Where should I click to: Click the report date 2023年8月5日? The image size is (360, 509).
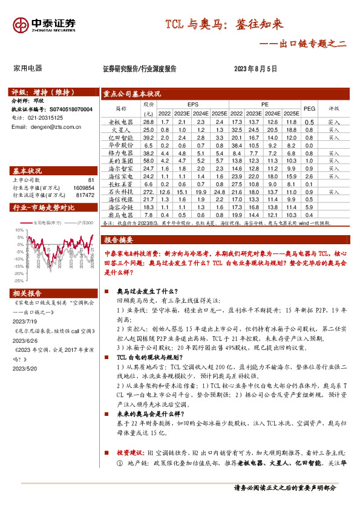255,69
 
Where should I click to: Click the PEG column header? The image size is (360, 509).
309,108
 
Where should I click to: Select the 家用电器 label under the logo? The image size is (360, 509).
28,69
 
